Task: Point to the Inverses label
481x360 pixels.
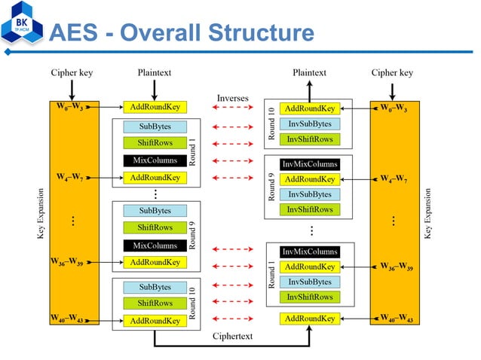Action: [x=232, y=99]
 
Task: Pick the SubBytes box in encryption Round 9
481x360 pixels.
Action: [x=155, y=210]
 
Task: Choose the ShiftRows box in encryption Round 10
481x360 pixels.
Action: [x=155, y=303]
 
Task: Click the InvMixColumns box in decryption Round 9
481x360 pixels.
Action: [x=309, y=163]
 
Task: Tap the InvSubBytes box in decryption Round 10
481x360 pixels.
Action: [x=309, y=124]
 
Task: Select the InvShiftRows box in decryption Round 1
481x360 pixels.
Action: [x=309, y=297]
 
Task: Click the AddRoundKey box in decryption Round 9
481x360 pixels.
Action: [x=309, y=179]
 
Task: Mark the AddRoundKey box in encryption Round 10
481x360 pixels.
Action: [x=155, y=320]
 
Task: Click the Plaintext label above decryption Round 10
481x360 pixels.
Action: [x=309, y=73]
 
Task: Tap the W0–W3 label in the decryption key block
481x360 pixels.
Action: [x=394, y=108]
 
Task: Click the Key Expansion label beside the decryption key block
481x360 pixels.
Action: [x=428, y=214]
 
